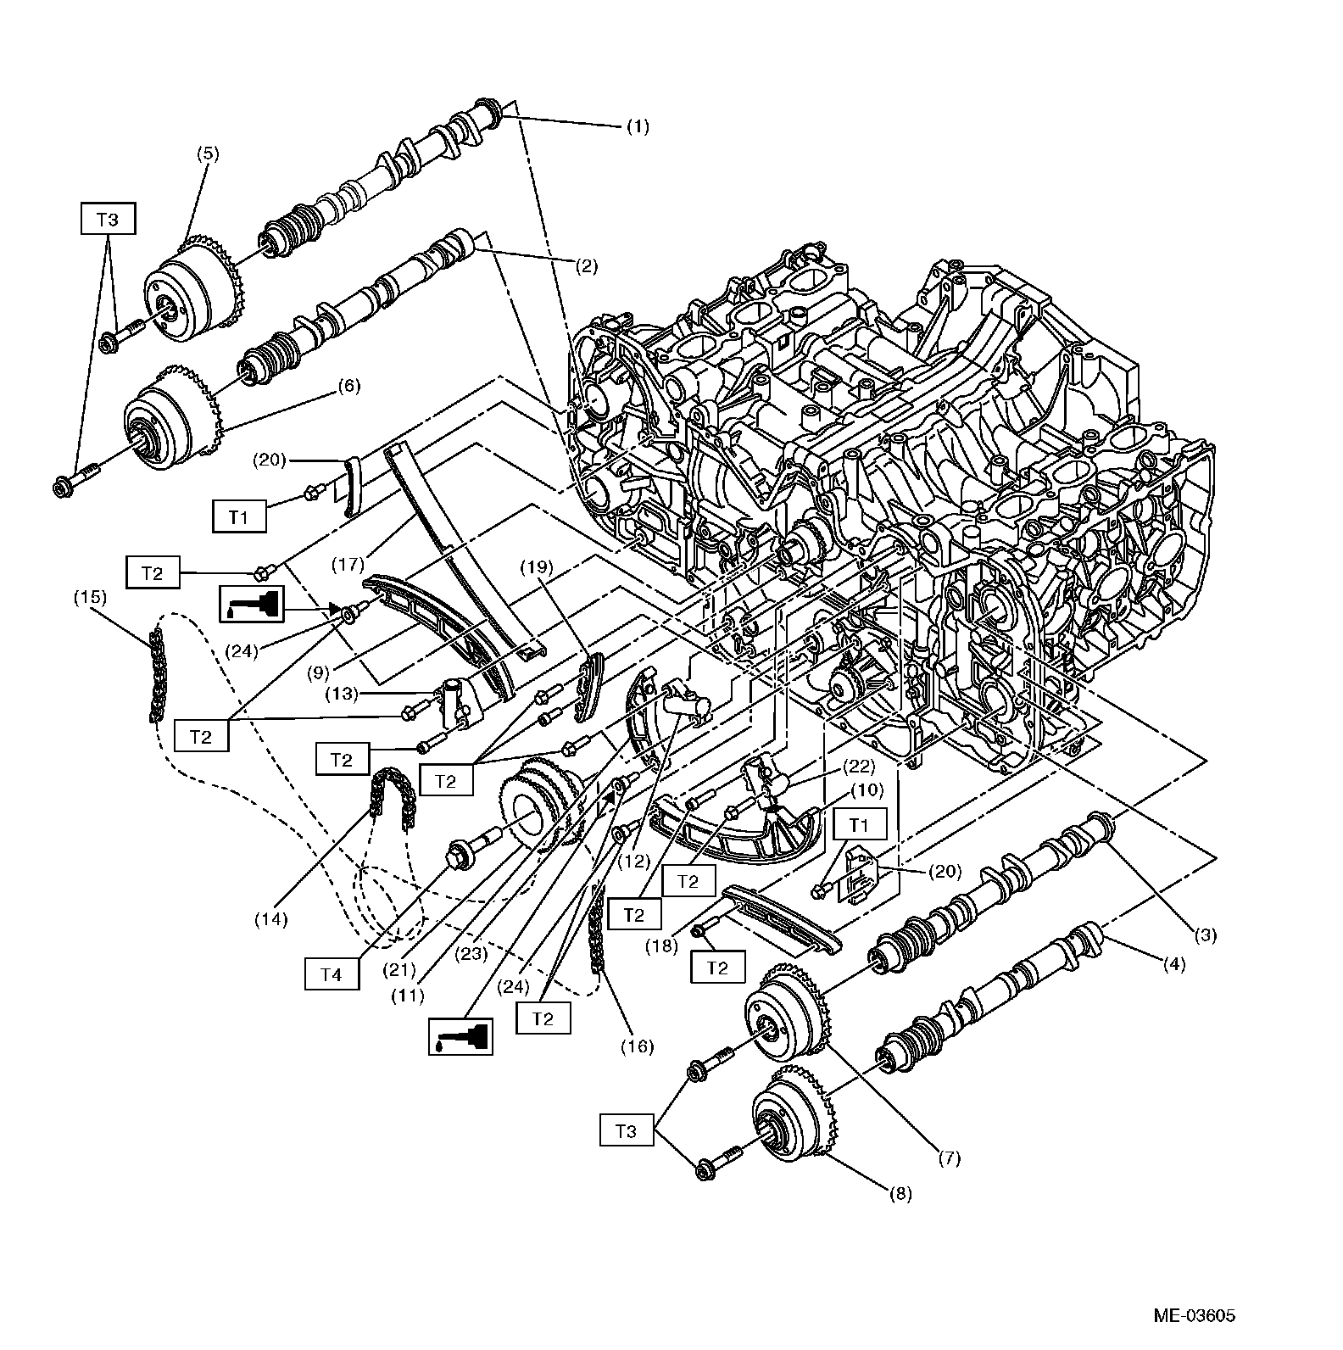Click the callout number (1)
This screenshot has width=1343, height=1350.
click(637, 127)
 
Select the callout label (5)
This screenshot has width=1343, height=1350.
click(208, 153)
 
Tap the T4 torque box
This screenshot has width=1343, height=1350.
click(332, 975)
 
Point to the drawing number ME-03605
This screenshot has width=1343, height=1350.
click(1194, 1316)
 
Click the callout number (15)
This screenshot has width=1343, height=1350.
click(90, 596)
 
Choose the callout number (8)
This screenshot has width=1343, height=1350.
click(900, 1194)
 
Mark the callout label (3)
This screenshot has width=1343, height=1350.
click(1205, 935)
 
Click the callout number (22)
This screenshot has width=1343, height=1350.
click(859, 767)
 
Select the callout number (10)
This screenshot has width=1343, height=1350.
click(867, 790)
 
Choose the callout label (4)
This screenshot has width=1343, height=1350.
click(1173, 964)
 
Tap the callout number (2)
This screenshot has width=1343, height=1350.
click(586, 266)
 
